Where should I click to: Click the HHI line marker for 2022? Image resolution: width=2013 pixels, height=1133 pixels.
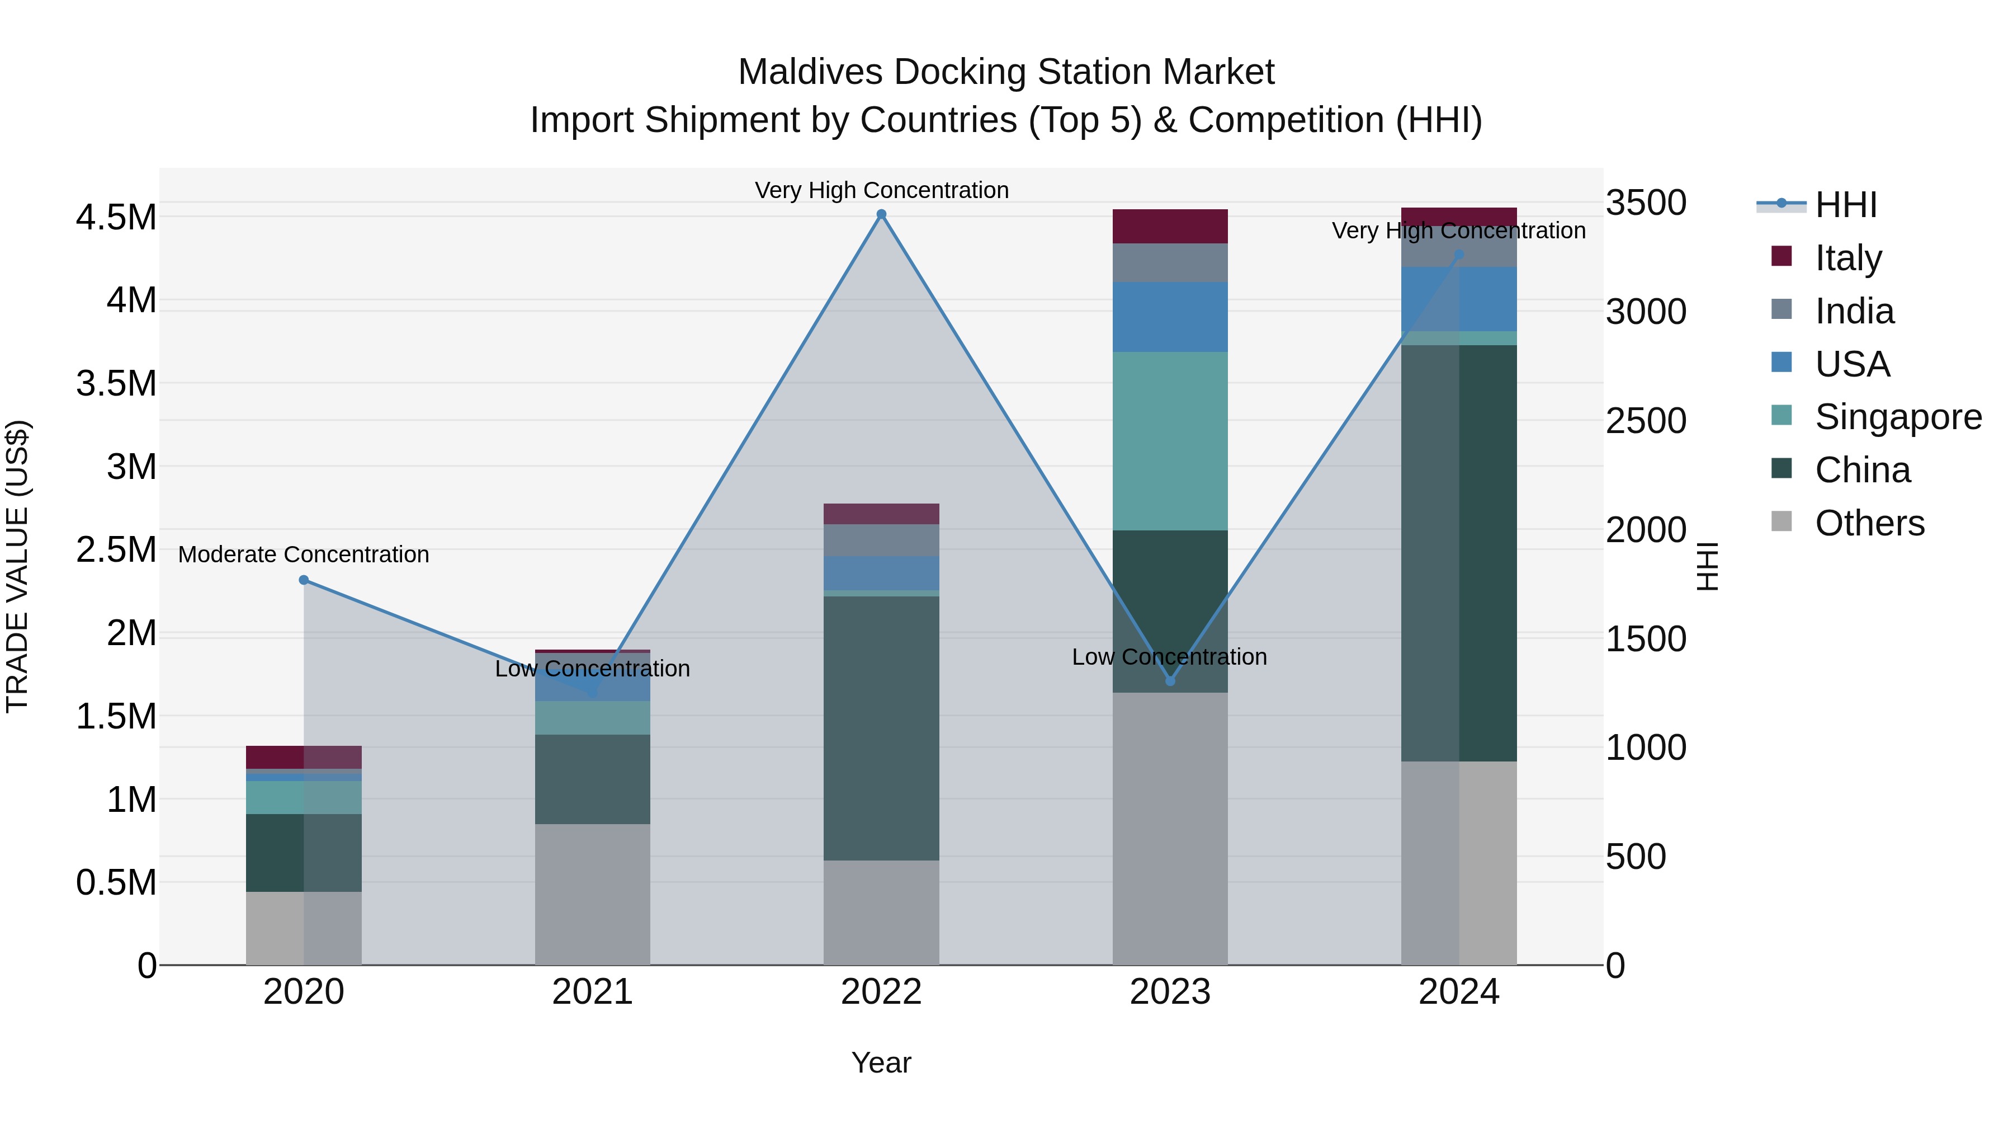(881, 214)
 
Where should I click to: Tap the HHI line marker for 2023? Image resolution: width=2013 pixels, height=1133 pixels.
(1170, 681)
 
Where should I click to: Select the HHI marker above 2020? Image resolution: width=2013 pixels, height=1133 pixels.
(304, 580)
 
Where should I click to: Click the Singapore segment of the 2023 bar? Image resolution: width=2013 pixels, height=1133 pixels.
(1170, 441)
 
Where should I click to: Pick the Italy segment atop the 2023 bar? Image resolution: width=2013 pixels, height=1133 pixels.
(1170, 226)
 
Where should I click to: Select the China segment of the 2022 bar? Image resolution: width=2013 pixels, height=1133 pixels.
(881, 727)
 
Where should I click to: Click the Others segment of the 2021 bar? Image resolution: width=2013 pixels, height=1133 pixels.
(592, 894)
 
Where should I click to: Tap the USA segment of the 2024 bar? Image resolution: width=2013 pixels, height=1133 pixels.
(1459, 299)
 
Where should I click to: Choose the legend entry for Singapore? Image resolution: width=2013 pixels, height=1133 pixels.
(1897, 417)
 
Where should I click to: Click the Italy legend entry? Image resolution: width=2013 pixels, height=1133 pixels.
(1847, 257)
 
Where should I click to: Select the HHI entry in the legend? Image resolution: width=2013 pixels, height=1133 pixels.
(1844, 205)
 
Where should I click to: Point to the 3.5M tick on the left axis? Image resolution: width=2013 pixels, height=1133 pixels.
(116, 384)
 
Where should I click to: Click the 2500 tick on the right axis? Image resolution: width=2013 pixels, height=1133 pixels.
(1646, 421)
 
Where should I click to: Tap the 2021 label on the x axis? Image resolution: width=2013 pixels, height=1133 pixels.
(592, 992)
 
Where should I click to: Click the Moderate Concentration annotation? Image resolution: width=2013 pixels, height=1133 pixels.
(304, 554)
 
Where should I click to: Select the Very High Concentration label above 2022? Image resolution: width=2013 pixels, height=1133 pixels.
(881, 190)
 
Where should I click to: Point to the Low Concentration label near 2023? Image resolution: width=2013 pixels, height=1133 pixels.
(1169, 657)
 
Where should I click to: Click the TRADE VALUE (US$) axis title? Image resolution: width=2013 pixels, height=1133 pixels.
(17, 566)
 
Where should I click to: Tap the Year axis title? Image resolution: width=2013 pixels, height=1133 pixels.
(881, 1063)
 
